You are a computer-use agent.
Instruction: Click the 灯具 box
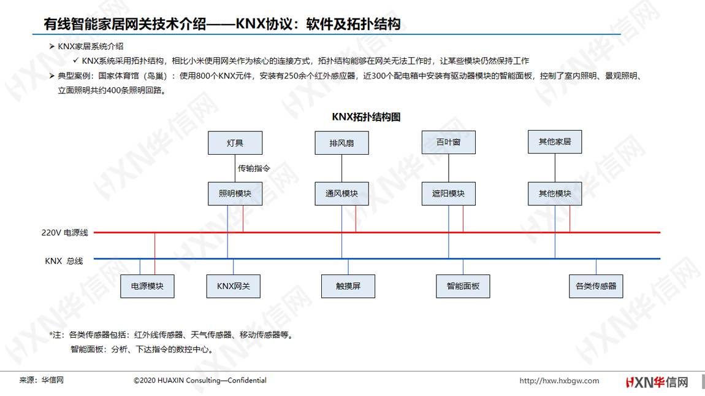[x=235, y=143]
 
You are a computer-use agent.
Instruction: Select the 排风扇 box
[x=341, y=143]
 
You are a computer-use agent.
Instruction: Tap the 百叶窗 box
[x=448, y=142]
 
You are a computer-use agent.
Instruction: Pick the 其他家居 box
[x=555, y=141]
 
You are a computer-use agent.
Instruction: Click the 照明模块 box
[x=235, y=194]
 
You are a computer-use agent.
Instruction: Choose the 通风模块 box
[x=341, y=194]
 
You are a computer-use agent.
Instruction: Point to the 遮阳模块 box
[x=448, y=194]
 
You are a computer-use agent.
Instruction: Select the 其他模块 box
[x=555, y=194]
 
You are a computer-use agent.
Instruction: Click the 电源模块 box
[x=148, y=286]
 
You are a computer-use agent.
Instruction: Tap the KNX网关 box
[x=234, y=286]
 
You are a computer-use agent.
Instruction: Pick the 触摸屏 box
[x=348, y=286]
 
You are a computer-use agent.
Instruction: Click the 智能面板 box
[x=463, y=286]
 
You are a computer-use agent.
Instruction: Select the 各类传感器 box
[x=596, y=286]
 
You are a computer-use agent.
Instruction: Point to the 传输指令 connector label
[x=254, y=168]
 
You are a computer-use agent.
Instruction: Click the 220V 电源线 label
[x=65, y=233]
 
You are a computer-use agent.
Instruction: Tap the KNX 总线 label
[x=64, y=261]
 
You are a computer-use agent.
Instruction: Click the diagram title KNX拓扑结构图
[x=366, y=117]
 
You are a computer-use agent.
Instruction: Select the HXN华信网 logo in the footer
[x=657, y=382]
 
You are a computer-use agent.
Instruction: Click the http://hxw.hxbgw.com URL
[x=559, y=381]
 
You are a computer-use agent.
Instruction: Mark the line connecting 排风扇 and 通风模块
[x=341, y=168]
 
